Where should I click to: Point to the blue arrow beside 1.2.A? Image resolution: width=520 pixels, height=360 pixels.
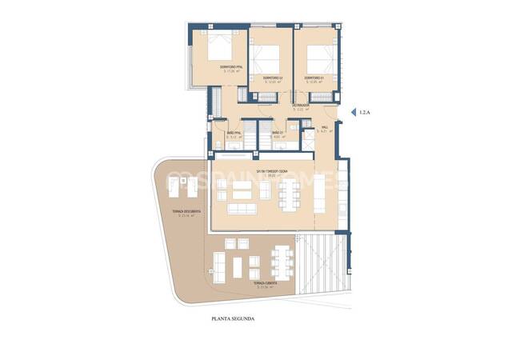point(354,114)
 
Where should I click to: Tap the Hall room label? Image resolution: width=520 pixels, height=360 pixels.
point(324,128)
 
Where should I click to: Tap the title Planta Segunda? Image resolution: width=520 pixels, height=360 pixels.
point(233,318)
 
